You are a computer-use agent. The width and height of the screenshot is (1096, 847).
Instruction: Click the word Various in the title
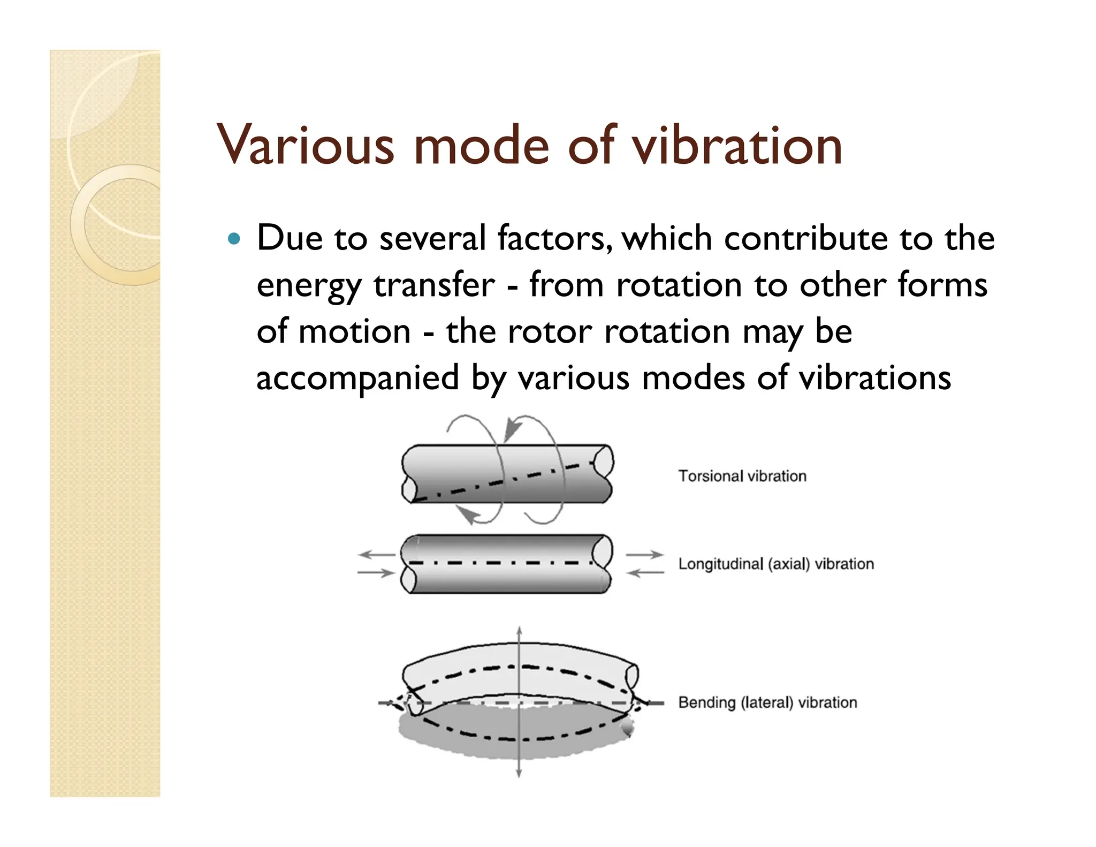click(x=306, y=145)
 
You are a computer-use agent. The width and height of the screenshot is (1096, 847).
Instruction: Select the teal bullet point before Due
click(x=234, y=238)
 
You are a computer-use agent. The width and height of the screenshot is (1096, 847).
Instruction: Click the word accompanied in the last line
click(x=357, y=379)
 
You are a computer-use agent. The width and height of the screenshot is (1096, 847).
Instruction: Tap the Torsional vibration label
click(x=742, y=476)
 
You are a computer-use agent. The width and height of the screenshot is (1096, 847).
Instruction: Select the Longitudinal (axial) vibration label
click(x=775, y=564)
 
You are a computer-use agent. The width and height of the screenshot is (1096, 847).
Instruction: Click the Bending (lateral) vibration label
click(x=767, y=702)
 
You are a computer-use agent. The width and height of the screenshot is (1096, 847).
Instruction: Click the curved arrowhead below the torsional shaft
click(x=470, y=516)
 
